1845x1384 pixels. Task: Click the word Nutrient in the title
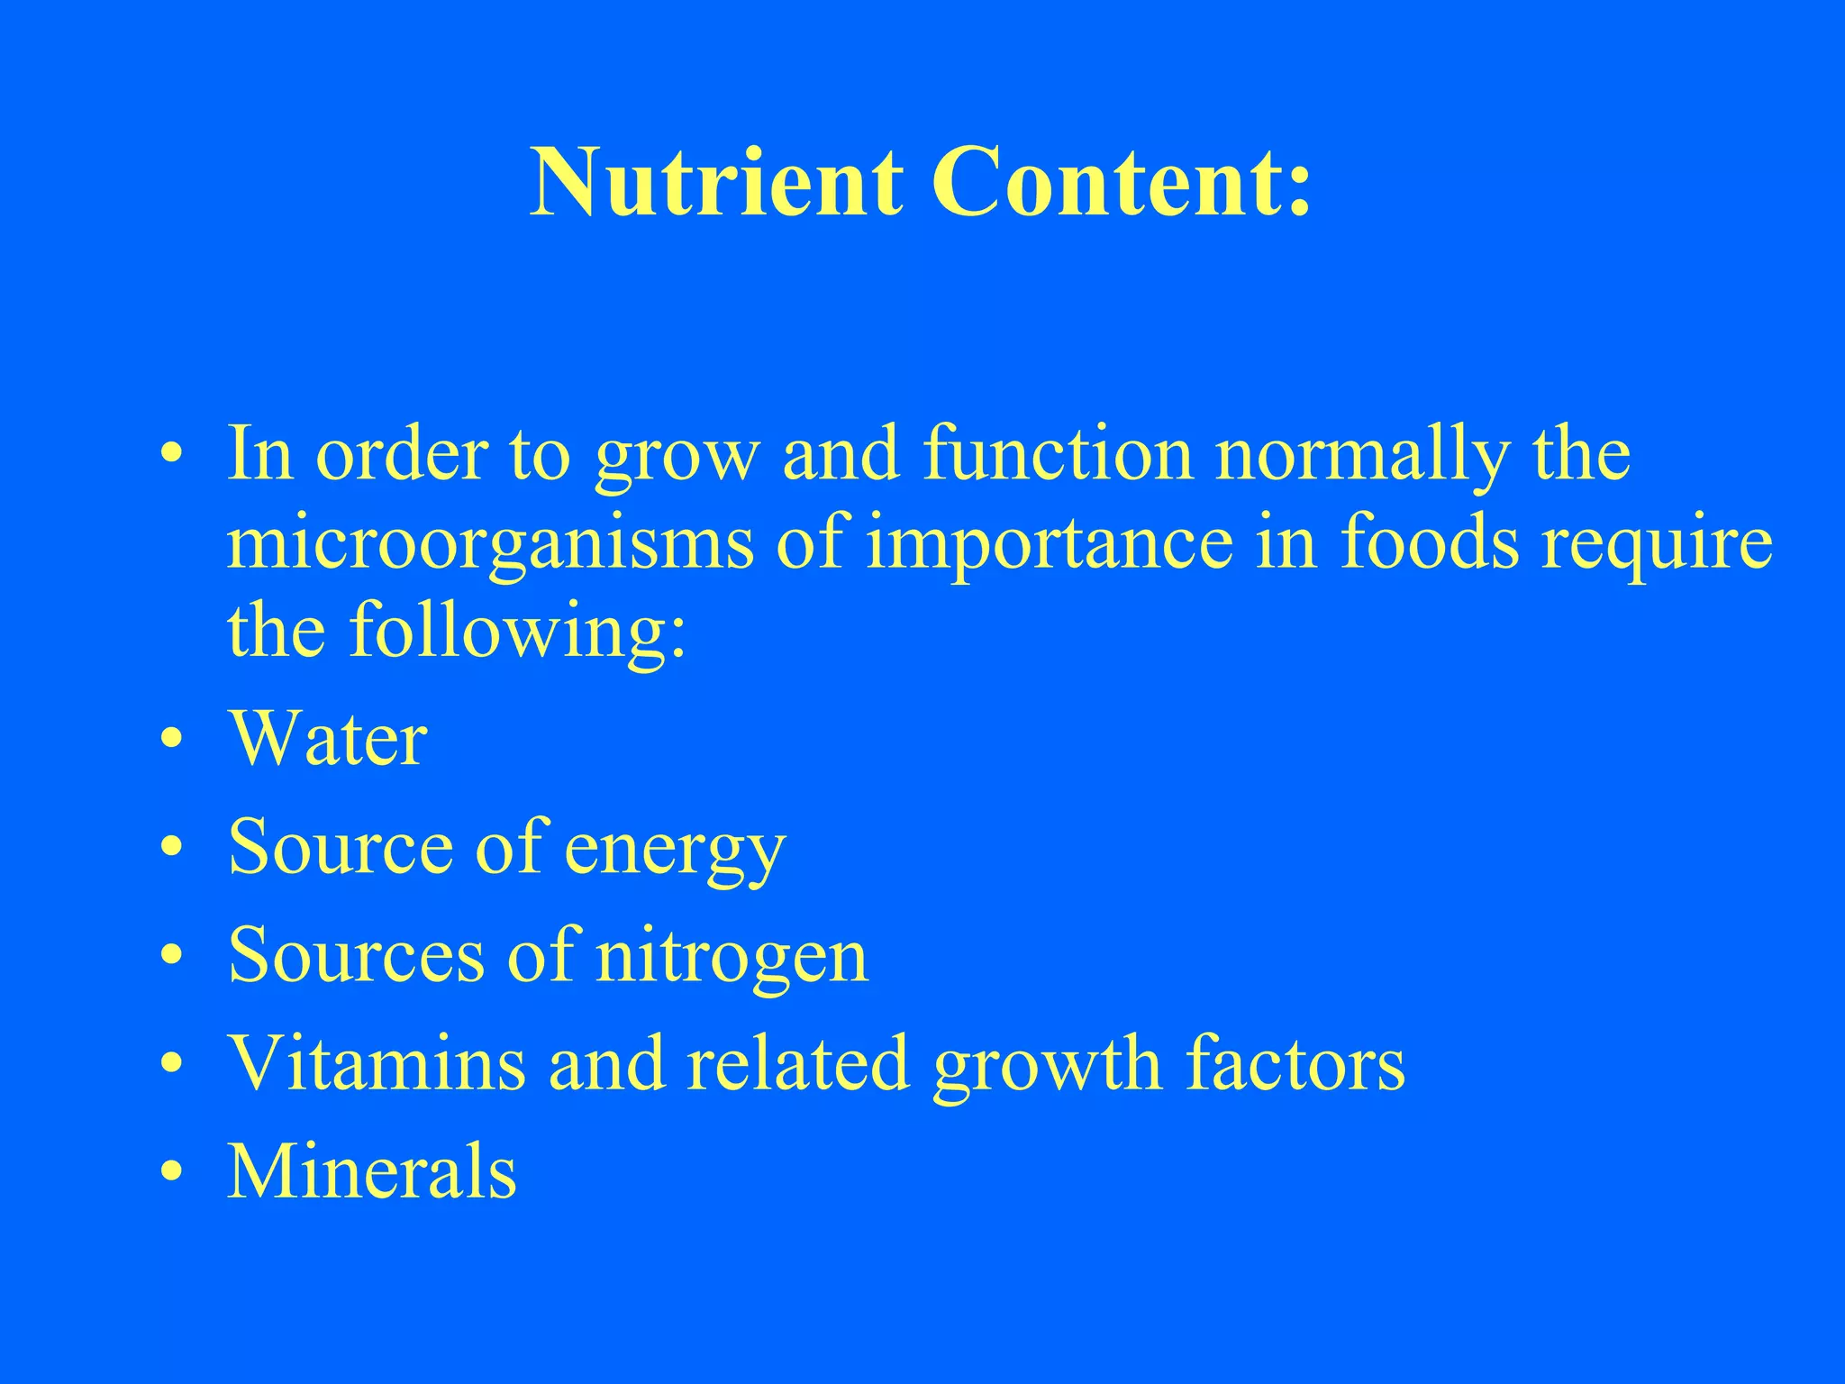(x=716, y=183)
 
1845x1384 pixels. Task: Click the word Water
(x=328, y=739)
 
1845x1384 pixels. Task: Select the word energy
(x=675, y=849)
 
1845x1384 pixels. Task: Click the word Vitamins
(x=377, y=1063)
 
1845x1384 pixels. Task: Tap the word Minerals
(x=372, y=1171)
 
